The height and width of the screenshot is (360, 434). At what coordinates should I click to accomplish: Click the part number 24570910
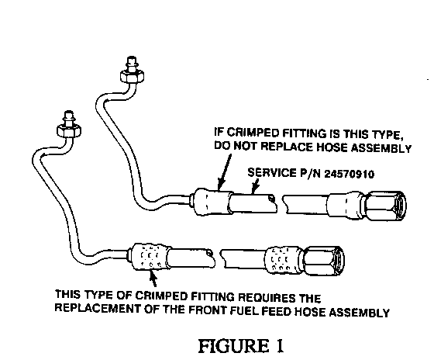coord(349,174)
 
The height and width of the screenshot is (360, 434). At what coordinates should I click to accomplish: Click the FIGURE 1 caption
coord(241,345)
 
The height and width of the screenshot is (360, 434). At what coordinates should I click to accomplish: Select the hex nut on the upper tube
coord(132,76)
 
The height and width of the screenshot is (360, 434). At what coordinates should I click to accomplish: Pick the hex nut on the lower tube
coord(69,130)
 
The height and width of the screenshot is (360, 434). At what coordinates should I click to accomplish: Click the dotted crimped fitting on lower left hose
coord(150,257)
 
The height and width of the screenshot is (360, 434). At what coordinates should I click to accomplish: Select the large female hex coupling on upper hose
coord(384,206)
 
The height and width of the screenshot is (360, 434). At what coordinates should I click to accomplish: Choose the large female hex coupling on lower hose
coord(324,261)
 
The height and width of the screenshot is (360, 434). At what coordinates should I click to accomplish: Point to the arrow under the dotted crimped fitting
coord(153,279)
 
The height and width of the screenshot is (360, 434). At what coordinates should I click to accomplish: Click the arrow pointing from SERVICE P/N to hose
coord(256,185)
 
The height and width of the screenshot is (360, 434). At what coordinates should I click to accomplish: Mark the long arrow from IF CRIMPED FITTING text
coord(225,171)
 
